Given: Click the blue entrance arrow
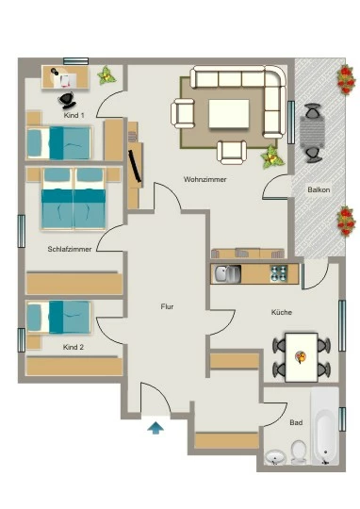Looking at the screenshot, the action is coord(155,428).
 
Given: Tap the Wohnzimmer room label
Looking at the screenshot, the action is coord(205,179).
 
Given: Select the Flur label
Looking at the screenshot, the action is coord(167,306).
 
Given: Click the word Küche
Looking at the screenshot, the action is coord(282,312).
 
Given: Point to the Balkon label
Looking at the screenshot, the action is coord(319,189).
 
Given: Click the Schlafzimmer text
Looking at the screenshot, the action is coord(70,249).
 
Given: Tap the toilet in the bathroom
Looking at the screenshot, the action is coord(299,452).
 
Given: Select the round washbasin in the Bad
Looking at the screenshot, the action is coord(275,457).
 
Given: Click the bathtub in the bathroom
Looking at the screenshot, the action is coord(325,426).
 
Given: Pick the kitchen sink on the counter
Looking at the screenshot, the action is coord(227,273).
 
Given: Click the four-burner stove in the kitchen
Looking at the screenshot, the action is coord(279,273).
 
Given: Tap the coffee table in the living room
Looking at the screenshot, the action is coord(229,114).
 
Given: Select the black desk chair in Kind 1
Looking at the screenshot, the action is coord(67,100).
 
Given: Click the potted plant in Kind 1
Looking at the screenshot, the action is coord(106,75).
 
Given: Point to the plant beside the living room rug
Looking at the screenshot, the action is coord(272,157).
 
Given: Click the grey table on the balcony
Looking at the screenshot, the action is coord(312,132).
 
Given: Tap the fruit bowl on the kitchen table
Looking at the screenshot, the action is coord(301,357).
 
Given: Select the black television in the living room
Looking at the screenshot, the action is coord(135,166).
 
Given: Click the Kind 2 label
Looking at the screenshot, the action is coord(74,347).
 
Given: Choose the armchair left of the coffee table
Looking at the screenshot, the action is coord(183,113).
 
